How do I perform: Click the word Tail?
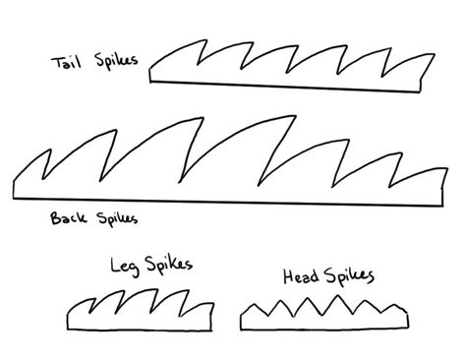(x=66, y=62)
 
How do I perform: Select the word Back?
(x=68, y=217)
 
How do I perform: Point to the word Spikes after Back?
(x=117, y=218)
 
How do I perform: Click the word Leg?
(x=125, y=267)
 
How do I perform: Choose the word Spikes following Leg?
(x=169, y=264)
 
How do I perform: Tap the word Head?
(x=301, y=276)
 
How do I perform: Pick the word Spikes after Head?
(x=349, y=276)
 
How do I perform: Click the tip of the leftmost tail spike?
(x=206, y=40)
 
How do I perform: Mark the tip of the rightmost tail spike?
(x=435, y=54)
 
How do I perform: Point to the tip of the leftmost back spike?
(x=50, y=150)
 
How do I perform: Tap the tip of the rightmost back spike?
(x=447, y=168)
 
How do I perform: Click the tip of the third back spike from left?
(x=204, y=117)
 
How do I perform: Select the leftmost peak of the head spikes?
(x=254, y=305)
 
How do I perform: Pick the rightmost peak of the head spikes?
(x=395, y=305)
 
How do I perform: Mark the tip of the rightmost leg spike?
(x=213, y=303)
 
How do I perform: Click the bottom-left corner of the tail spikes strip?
(x=150, y=82)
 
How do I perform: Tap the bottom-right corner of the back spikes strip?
(x=442, y=206)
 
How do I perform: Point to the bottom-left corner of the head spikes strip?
(x=241, y=330)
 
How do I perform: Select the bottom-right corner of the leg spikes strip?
(x=211, y=330)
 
